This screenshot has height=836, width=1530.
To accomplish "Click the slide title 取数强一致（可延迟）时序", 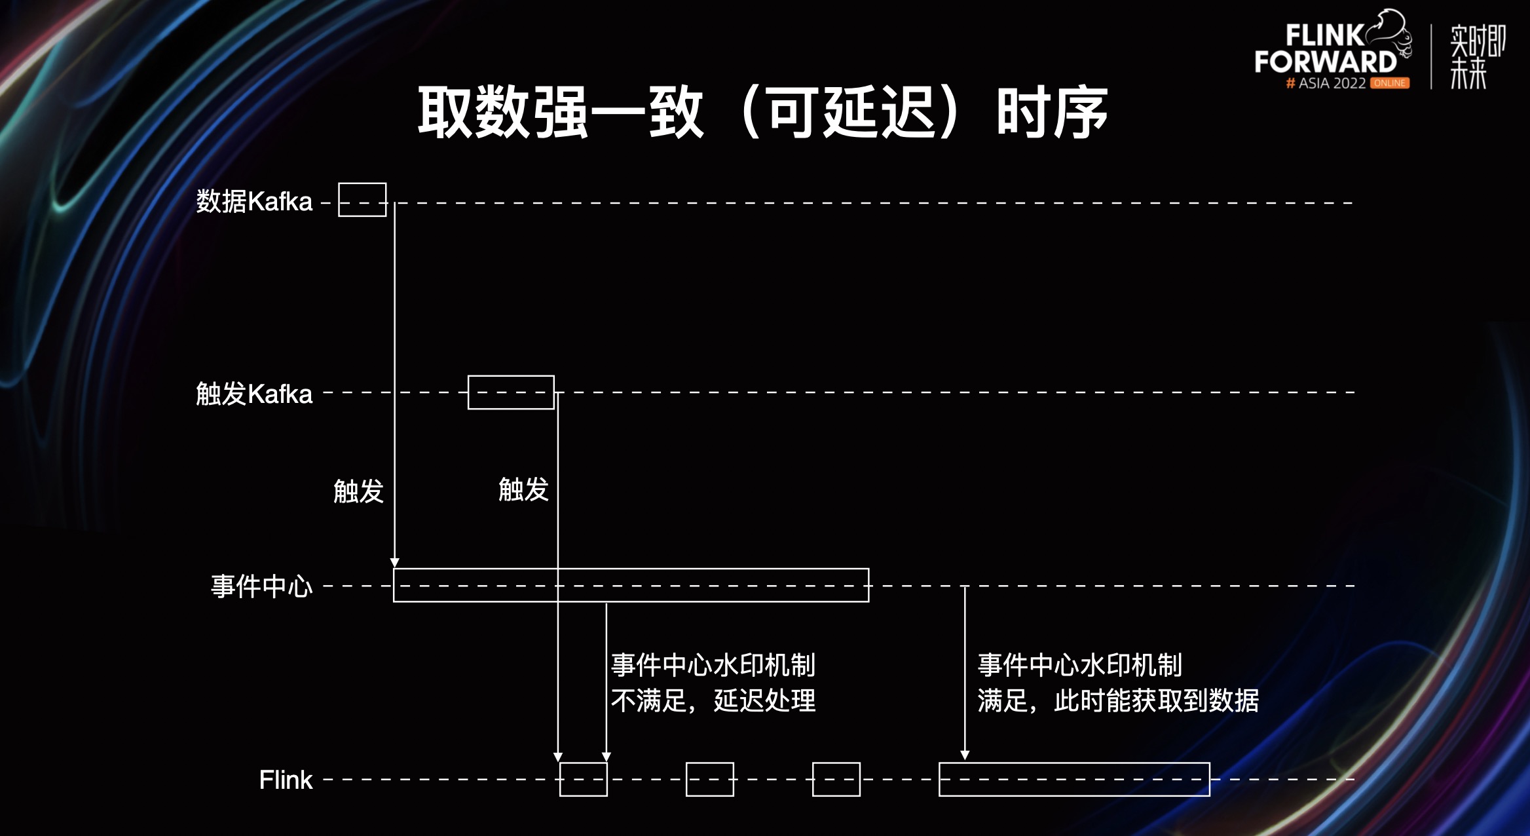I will point(762,113).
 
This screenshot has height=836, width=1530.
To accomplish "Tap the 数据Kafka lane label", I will point(254,201).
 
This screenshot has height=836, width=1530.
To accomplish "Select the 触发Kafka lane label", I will point(254,394).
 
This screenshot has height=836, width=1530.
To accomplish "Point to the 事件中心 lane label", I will point(261,586).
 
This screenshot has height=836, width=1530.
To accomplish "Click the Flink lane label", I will point(286,780).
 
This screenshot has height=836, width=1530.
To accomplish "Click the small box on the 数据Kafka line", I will point(362,200).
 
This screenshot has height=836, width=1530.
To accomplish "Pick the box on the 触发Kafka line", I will point(511,392).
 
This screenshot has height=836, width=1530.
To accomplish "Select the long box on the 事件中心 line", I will point(631,585).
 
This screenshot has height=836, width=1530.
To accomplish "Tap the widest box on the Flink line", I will point(1074,779).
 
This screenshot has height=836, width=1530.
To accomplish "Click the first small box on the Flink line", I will point(584,779).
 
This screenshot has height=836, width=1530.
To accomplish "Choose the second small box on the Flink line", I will point(710,779).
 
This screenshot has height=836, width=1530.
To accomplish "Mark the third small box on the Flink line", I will point(836,779).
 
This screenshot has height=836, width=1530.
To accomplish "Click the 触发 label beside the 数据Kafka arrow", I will point(358,491).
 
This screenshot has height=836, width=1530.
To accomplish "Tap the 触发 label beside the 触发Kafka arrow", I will point(523,489).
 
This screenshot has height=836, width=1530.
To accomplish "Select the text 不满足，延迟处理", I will point(713,700).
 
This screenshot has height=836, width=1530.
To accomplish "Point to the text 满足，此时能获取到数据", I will point(1118,700).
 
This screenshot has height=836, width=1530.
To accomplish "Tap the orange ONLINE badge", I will point(1390,83).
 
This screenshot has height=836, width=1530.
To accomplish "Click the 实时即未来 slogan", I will point(1478,57).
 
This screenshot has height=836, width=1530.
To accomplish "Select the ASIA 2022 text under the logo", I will point(1332,83).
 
